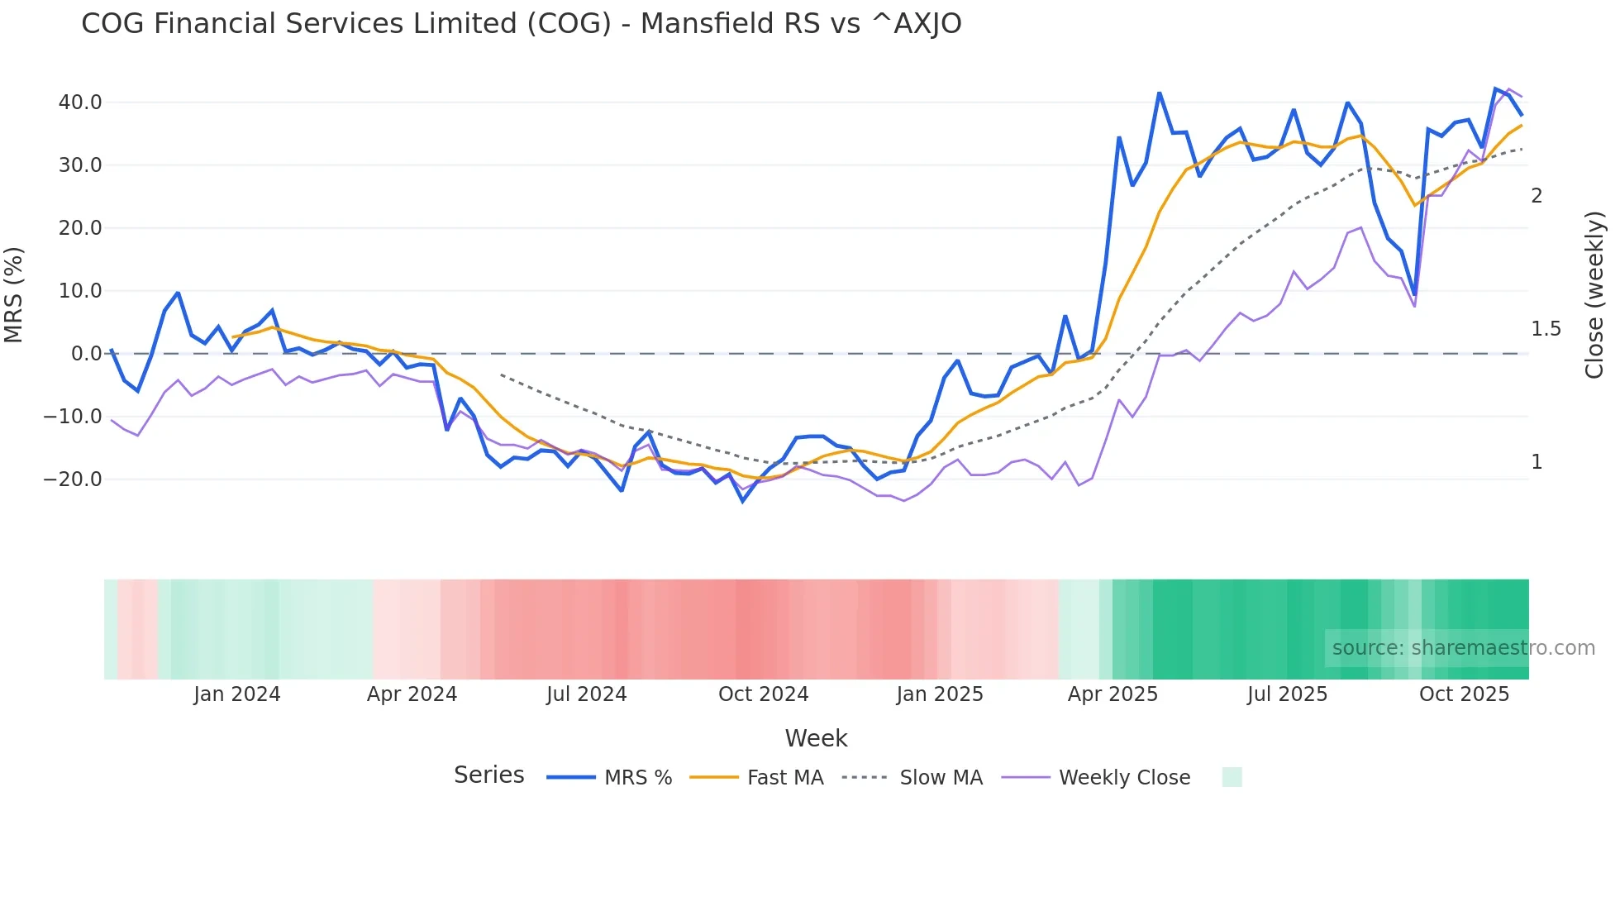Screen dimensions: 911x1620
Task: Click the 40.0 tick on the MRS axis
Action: tap(80, 103)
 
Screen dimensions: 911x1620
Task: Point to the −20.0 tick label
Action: tap(73, 479)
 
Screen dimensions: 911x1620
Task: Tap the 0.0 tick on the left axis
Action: tap(86, 354)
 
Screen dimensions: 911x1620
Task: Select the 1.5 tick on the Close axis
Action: tap(1546, 329)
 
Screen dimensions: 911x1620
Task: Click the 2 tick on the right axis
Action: tap(1537, 196)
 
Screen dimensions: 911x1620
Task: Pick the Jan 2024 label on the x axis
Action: tap(237, 694)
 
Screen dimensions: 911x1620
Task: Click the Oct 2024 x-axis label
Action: tap(763, 694)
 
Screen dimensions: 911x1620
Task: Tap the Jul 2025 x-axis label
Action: tap(1287, 694)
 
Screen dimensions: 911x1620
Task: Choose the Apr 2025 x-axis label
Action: tap(1113, 694)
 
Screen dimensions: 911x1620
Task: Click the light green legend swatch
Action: tap(1232, 777)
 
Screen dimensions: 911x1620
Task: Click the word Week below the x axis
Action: tap(816, 738)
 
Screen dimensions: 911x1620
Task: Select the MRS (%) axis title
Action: tap(14, 294)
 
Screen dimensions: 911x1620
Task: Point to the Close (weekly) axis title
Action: tap(1594, 294)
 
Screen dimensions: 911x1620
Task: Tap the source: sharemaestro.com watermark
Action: tap(1463, 648)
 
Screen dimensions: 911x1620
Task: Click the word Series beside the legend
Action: tap(488, 775)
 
